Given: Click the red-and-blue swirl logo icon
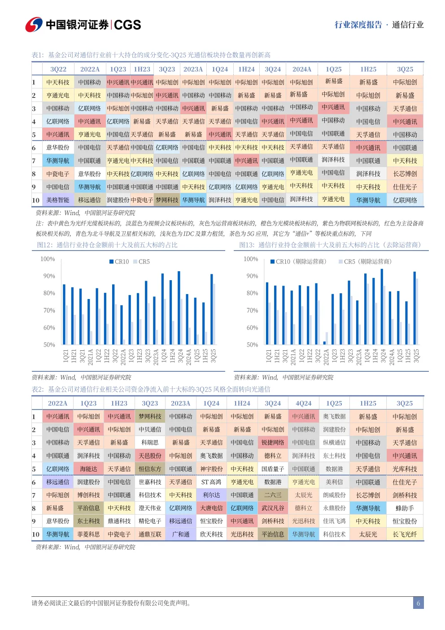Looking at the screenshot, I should coord(34,25).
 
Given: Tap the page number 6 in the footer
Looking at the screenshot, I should coord(418,603).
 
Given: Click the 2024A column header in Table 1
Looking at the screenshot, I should coord(302,69).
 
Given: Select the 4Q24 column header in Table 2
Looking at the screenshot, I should coord(303,403).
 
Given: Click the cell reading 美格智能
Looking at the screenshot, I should coord(58,200).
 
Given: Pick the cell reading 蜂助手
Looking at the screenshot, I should coord(405,508).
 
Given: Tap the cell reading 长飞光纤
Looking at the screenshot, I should coord(405,534).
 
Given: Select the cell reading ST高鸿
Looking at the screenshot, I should coord(211,482).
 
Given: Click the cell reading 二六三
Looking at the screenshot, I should coord(273,495).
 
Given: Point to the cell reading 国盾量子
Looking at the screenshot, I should coord(273,469).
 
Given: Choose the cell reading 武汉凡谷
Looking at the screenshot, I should coord(273,508).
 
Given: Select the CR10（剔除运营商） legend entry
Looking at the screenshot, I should coord(298,261).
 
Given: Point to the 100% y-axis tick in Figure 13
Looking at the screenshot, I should coord(251,259).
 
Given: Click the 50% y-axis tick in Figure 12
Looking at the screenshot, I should coord(49,345).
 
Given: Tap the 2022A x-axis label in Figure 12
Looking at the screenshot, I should coord(123,356).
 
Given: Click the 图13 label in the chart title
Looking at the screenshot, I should coord(247,245).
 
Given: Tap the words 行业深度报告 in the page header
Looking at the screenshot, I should coord(358,25).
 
